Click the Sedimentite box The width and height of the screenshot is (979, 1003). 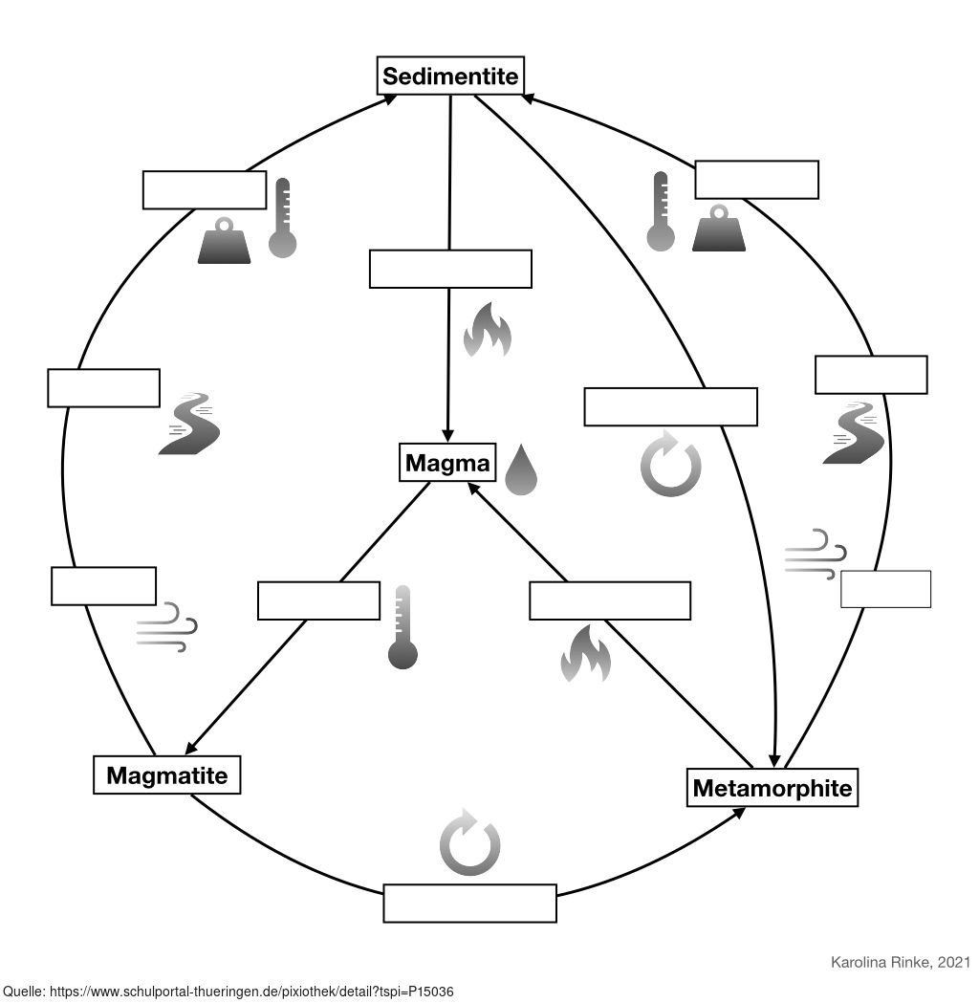pyautogui.click(x=450, y=76)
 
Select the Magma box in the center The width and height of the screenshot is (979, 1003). pyautogui.click(x=447, y=464)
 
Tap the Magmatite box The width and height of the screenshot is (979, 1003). pyautogui.click(x=166, y=774)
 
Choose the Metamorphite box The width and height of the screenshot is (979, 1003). pyautogui.click(x=772, y=788)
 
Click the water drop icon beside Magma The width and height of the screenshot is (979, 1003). pyautogui.click(x=521, y=469)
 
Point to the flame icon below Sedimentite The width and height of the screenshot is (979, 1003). pyautogui.click(x=487, y=330)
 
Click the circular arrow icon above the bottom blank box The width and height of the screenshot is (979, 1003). pyautogui.click(x=469, y=842)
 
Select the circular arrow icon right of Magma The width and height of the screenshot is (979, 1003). pyautogui.click(x=670, y=465)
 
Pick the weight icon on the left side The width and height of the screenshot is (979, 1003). pyautogui.click(x=224, y=241)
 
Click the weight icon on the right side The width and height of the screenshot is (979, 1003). pyautogui.click(x=718, y=229)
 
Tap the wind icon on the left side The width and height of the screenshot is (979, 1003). pyautogui.click(x=166, y=627)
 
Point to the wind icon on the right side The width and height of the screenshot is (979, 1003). pyautogui.click(x=815, y=554)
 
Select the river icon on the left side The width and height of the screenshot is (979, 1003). pyautogui.click(x=189, y=424)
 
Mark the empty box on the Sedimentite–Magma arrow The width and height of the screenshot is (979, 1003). pyautogui.click(x=450, y=269)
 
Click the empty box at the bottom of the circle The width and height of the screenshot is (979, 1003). pyautogui.click(x=469, y=904)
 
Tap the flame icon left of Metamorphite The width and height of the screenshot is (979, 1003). pyautogui.click(x=585, y=653)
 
